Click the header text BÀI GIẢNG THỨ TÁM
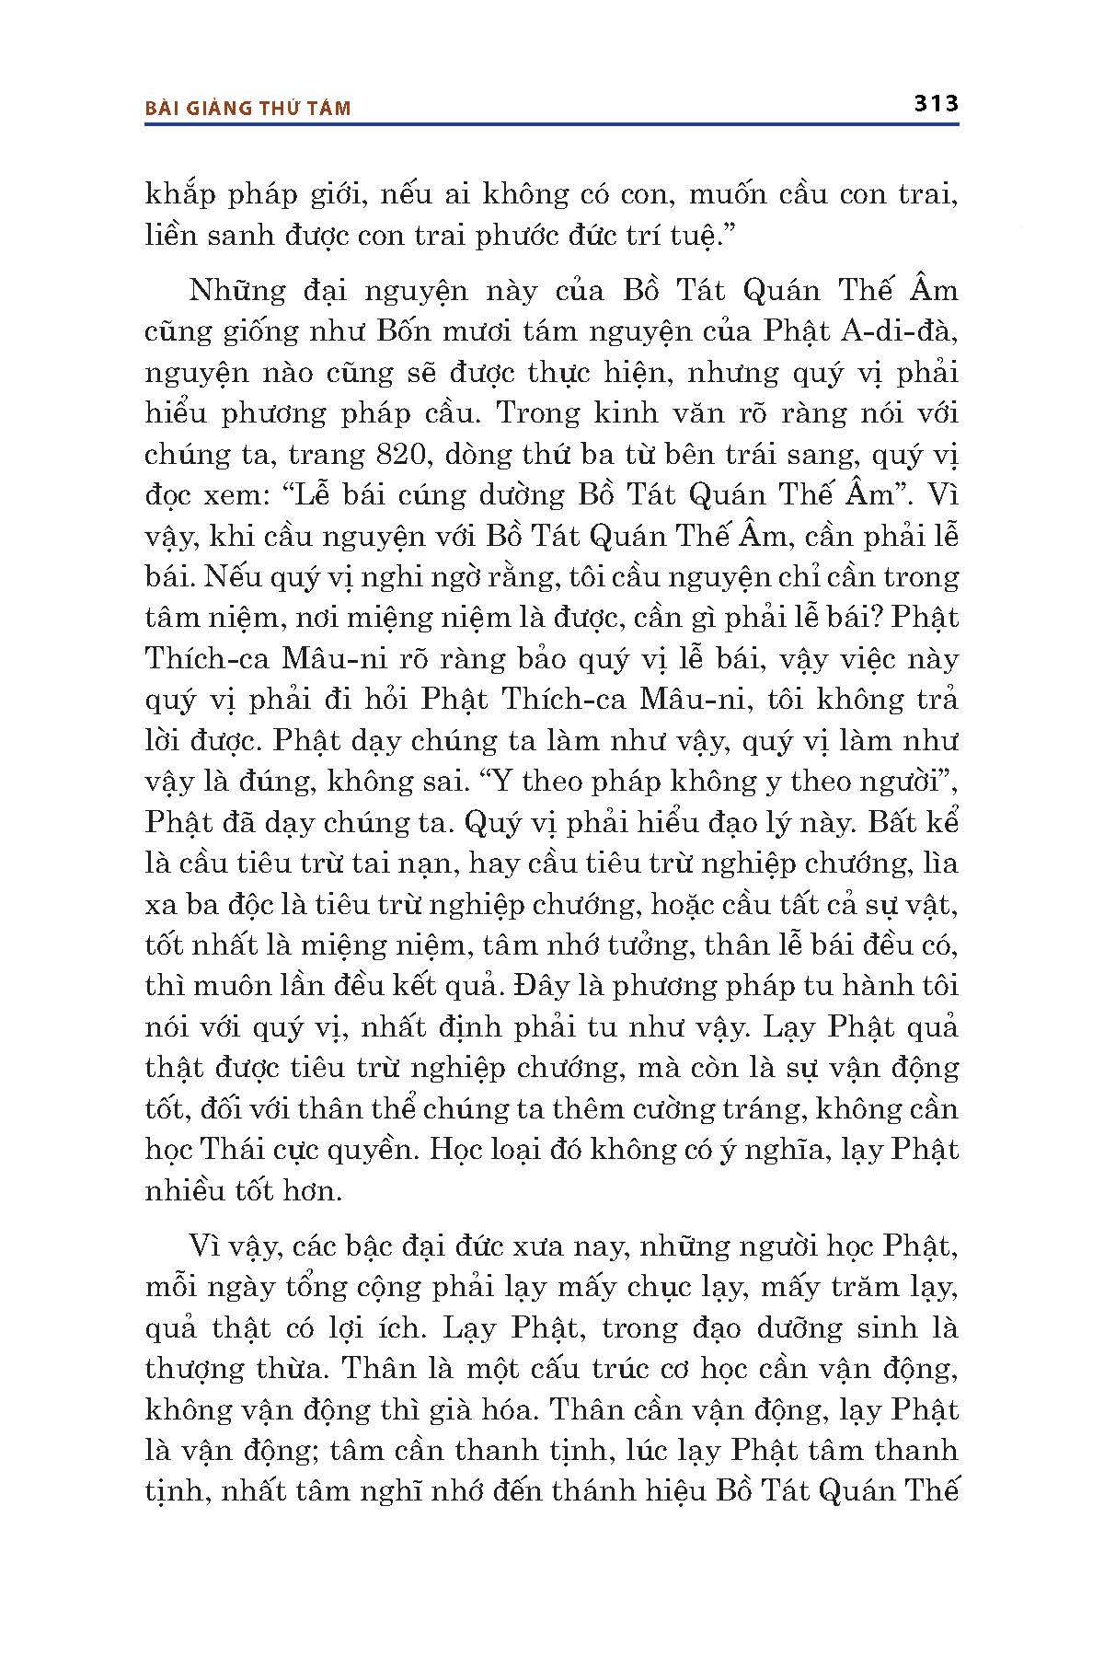pos(248,108)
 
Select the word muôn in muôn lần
pos(235,986)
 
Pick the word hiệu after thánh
pos(667,1491)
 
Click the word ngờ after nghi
pos(499,577)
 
